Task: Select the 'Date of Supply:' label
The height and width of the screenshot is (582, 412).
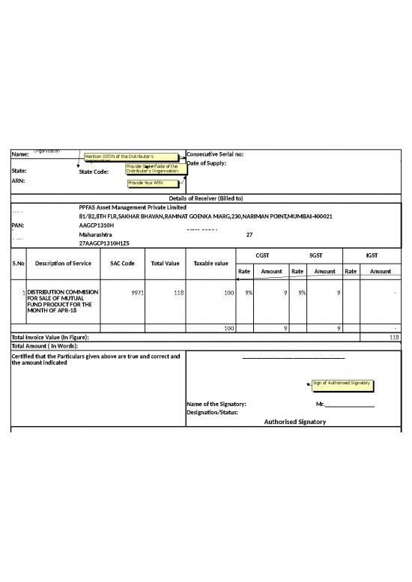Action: pyautogui.click(x=206, y=163)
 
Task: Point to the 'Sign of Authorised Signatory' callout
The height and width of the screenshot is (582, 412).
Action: pyautogui.click(x=342, y=384)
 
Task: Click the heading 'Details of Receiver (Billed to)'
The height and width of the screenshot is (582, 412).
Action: pyautogui.click(x=206, y=198)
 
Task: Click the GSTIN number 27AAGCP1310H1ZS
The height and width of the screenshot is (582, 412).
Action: pyautogui.click(x=104, y=243)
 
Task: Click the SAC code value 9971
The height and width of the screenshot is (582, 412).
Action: pyautogui.click(x=137, y=292)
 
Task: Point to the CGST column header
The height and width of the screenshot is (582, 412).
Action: pyautogui.click(x=262, y=255)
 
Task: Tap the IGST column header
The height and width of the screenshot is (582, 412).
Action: pyautogui.click(x=372, y=255)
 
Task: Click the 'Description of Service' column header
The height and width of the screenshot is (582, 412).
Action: pyautogui.click(x=63, y=264)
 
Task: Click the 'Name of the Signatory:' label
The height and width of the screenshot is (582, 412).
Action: pyautogui.click(x=216, y=404)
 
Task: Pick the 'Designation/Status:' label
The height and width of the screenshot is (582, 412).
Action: pyautogui.click(x=213, y=413)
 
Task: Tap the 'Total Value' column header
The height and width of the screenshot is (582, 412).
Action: pyautogui.click(x=165, y=264)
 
